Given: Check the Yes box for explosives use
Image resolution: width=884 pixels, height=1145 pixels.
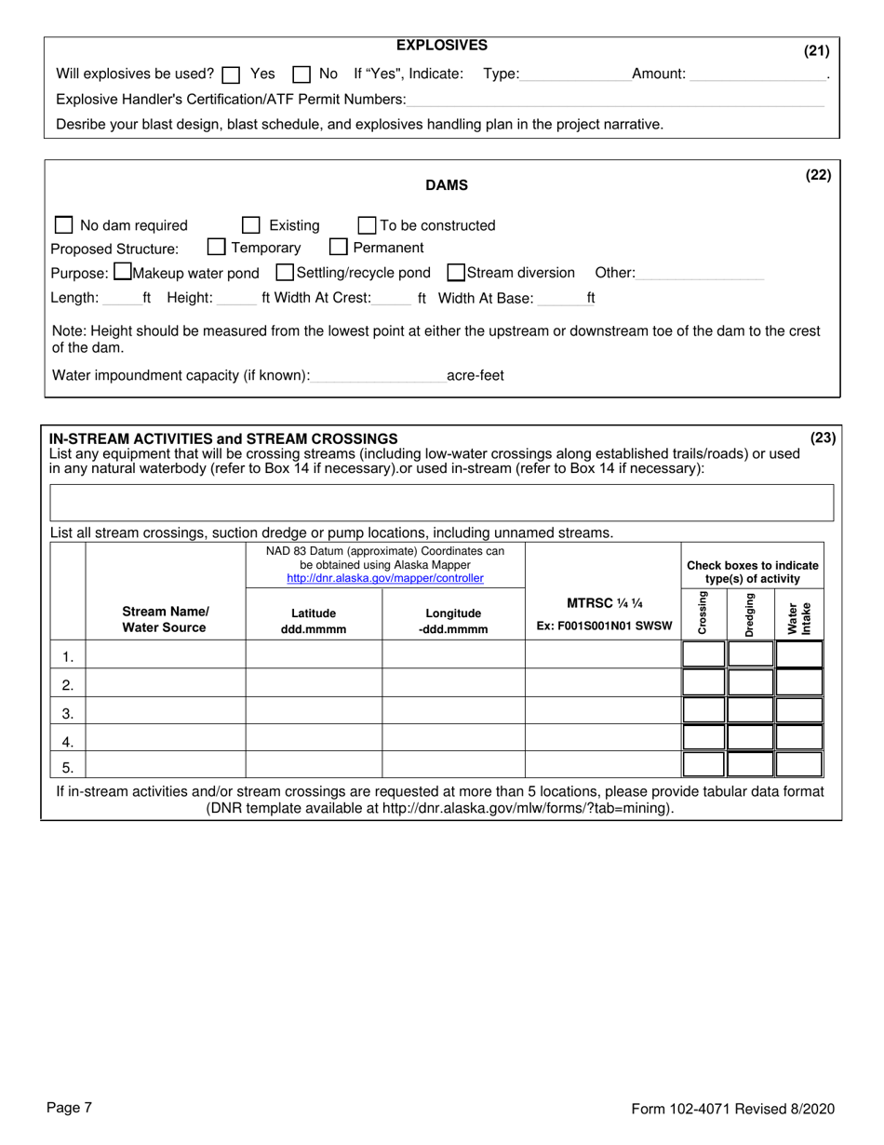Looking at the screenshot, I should (232, 74).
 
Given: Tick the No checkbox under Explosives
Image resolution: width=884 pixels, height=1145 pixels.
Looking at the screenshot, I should (301, 74).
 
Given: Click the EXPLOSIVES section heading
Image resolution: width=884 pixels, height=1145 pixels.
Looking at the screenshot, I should (442, 45).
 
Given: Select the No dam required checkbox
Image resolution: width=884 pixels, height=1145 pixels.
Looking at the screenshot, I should (64, 225).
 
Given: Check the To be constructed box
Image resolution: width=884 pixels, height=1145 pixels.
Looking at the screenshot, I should (368, 225).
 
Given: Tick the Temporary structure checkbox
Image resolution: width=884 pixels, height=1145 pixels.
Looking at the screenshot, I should (217, 248).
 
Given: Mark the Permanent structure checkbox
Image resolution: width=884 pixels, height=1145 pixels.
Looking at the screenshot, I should (339, 248).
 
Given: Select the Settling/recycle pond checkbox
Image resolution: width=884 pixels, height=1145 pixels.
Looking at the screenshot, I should (286, 273).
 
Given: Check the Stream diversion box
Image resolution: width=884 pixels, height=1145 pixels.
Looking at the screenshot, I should (456, 273).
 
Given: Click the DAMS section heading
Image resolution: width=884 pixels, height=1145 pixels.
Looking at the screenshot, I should (447, 185).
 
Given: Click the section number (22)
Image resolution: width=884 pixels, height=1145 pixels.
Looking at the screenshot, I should (818, 175).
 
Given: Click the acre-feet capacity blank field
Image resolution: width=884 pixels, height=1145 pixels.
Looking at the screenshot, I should (379, 376).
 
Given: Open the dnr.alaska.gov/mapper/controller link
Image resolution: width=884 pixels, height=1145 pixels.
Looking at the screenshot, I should (385, 578).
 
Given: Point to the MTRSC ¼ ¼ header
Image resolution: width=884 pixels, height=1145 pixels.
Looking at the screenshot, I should (604, 603).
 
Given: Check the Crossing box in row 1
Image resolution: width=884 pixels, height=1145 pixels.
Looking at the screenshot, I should (703, 654).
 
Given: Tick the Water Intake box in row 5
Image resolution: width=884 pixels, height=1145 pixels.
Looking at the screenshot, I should (798, 765).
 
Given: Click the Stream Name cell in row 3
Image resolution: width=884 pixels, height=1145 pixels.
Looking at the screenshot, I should (166, 713).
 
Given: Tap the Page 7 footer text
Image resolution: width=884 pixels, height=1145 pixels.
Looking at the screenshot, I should (70, 1108).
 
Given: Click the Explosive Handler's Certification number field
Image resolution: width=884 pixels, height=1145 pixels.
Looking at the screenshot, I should (614, 100).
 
